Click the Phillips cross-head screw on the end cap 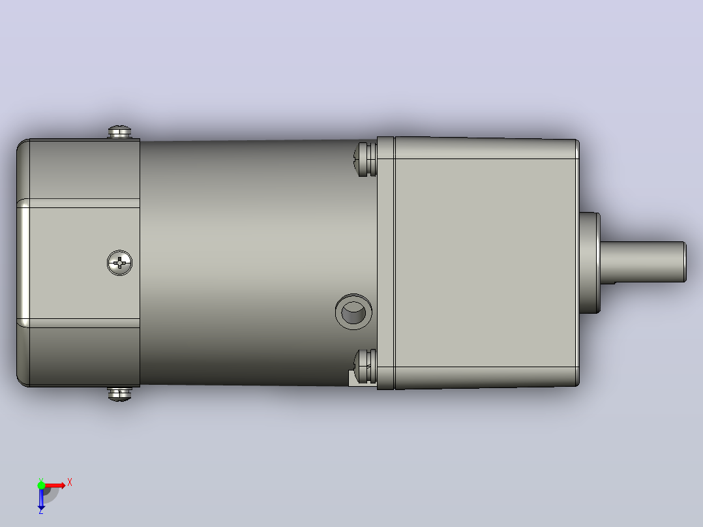[120, 263]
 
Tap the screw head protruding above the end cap [120, 132]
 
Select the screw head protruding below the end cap [120, 394]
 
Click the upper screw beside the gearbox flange [365, 159]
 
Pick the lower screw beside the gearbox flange [365, 367]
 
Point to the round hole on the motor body [353, 312]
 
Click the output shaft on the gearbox [643, 262]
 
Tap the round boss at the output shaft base [590, 263]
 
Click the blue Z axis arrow [41, 498]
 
